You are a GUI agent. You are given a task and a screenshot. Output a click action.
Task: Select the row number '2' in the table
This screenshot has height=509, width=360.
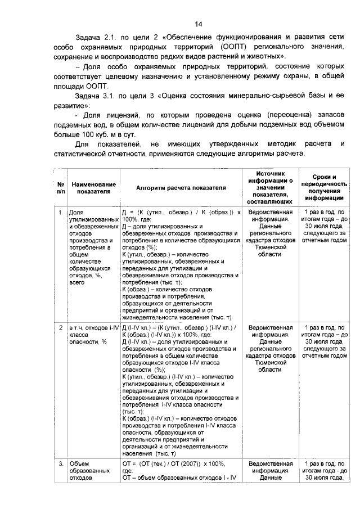pos(60,326)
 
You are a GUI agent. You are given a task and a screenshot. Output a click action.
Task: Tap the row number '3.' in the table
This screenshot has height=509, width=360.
pos(60,463)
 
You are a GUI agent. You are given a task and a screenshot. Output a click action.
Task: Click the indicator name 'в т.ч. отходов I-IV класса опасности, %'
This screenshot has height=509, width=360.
pos(90,334)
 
